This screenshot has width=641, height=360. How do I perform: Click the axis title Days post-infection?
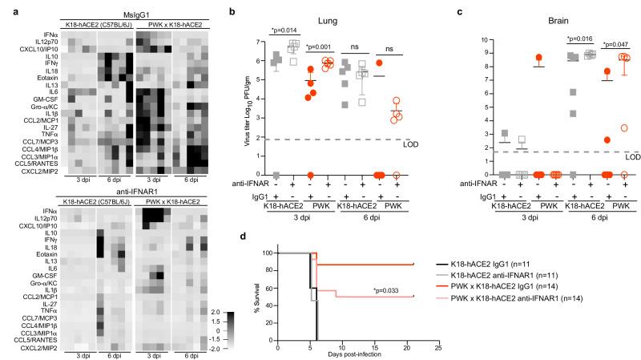coord(357,354)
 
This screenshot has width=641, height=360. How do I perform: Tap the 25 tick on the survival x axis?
coord(437,346)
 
